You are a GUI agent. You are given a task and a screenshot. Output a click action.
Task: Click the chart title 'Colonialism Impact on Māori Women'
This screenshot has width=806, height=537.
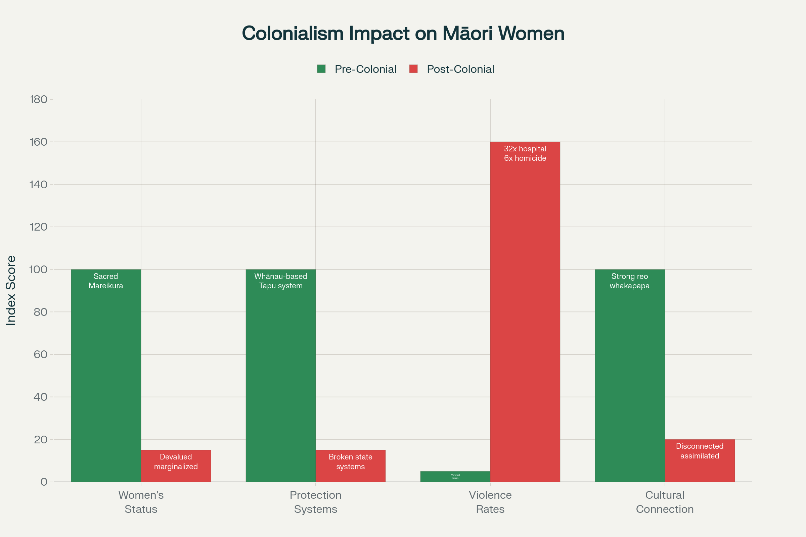point(403,34)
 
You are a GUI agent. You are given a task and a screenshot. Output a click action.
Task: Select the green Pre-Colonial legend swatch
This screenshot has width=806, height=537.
point(321,69)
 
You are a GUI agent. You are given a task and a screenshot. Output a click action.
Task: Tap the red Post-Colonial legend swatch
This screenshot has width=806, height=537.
point(413,69)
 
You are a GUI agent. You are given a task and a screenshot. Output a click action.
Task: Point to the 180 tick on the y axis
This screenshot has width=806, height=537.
point(39,99)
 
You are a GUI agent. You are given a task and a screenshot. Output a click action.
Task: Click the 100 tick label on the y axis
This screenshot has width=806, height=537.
point(38,270)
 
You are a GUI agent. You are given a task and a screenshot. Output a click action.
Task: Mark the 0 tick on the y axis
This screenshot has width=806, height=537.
point(44,482)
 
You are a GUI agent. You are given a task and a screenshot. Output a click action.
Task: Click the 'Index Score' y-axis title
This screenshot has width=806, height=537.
point(11,290)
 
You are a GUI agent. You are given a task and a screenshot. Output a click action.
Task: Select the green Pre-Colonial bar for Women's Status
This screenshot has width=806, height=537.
point(106,377)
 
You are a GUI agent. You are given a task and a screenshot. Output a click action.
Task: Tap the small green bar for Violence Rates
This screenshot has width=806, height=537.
point(455,477)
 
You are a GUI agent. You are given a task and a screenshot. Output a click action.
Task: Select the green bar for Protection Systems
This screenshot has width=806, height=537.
point(281,377)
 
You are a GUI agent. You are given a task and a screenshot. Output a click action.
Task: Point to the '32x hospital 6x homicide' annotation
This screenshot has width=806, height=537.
point(525,153)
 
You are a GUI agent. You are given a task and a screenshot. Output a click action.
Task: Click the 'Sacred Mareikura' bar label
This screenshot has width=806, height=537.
point(106,281)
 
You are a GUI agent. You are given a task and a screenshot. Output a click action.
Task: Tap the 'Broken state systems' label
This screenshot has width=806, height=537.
point(350,462)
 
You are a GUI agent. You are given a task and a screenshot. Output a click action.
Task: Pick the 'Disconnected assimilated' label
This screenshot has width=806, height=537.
point(700,451)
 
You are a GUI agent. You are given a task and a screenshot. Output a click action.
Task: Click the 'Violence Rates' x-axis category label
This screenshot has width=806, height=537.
point(490,502)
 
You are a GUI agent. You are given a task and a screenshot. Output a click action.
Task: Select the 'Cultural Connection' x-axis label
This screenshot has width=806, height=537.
point(665,502)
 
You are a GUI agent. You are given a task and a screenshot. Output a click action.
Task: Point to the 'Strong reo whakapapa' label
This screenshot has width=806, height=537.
point(629,281)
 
